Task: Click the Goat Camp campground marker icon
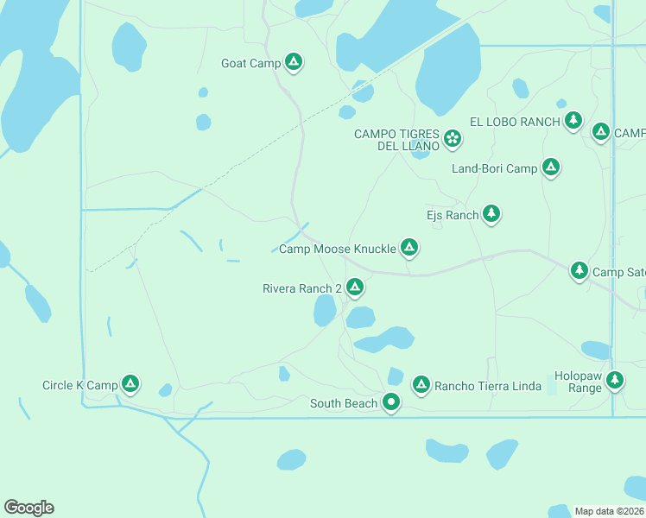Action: coord(294,62)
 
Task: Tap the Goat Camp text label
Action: coord(250,63)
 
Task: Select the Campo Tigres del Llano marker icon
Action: coord(452,138)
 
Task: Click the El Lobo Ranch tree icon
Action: coord(573,120)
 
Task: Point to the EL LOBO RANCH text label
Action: coord(515,122)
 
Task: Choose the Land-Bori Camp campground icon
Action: coord(551,167)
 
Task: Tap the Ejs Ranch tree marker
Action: coord(491,213)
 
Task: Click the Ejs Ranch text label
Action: coord(452,215)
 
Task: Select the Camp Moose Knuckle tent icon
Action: coord(409,249)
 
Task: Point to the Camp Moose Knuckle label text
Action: coord(337,249)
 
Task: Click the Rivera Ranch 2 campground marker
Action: coord(354,287)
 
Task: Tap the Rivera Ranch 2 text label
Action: coord(302,288)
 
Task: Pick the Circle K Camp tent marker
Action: coord(130,383)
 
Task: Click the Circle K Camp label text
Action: coord(79,385)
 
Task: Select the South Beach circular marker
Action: coord(391,401)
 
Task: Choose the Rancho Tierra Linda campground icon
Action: coord(421,384)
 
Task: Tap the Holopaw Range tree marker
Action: coord(615,379)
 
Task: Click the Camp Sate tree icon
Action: coord(579,271)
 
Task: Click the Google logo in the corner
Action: coord(28,508)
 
